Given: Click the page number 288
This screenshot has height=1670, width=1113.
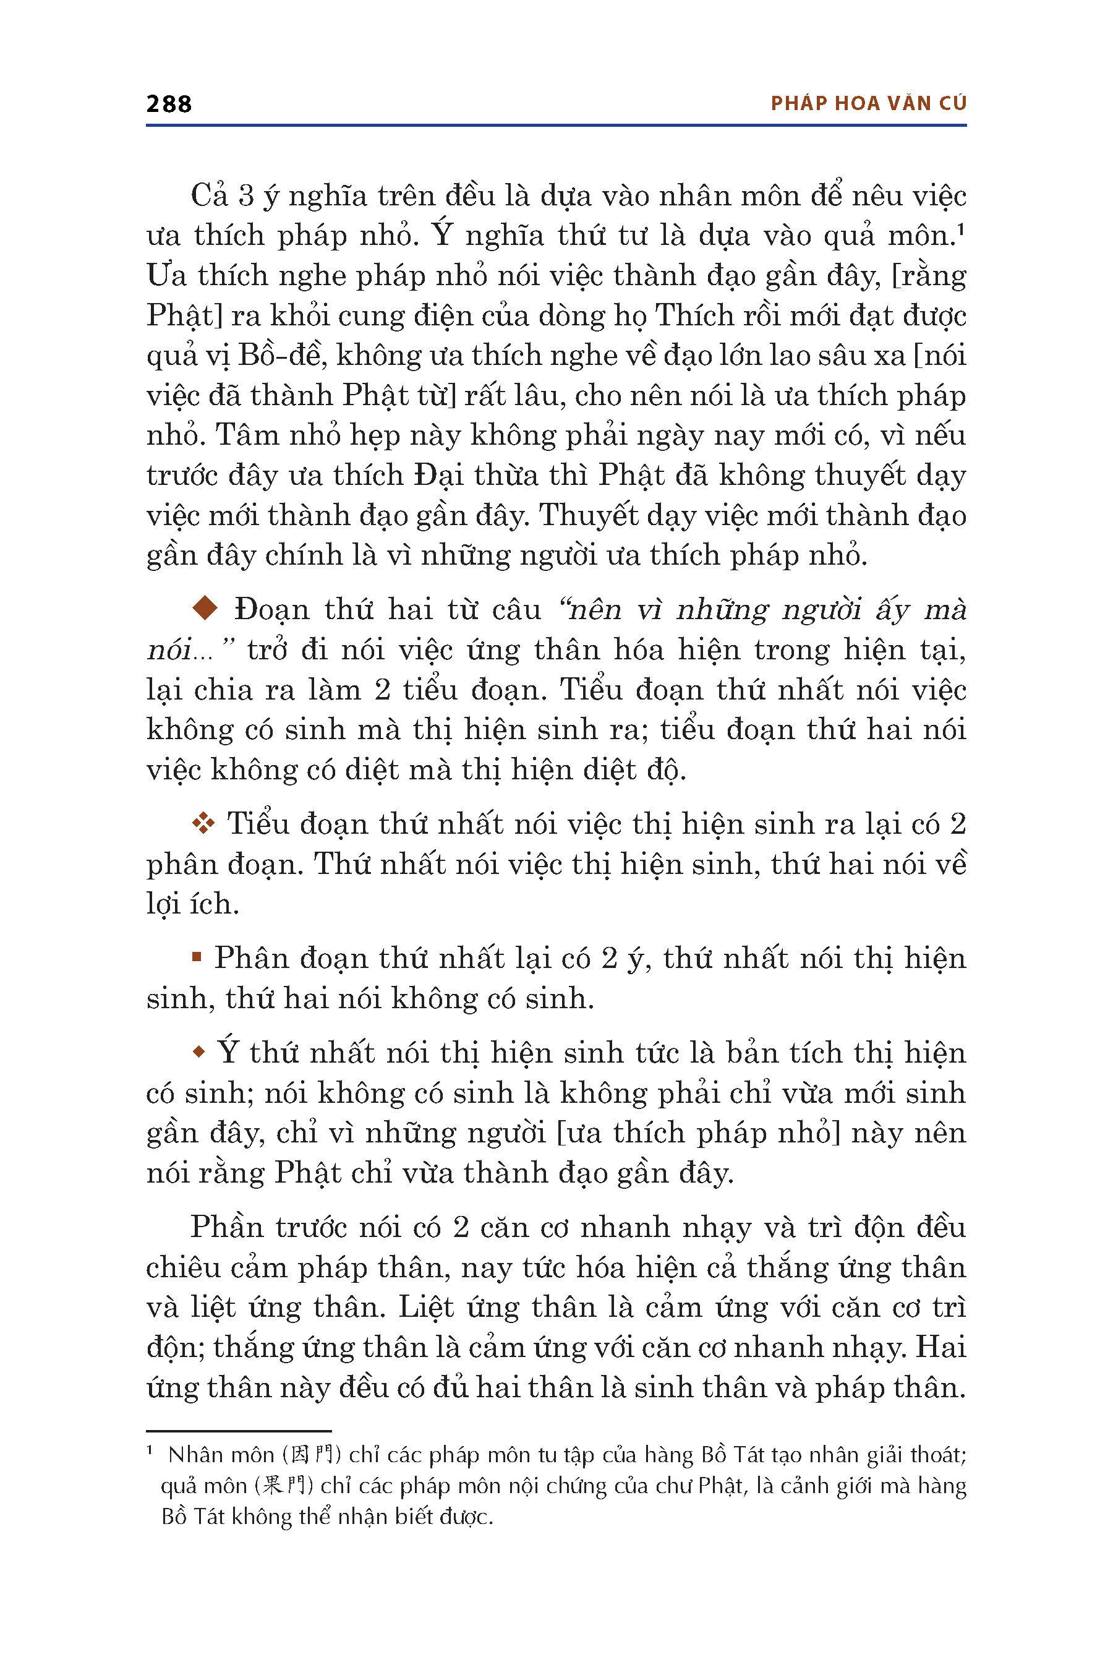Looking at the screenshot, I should [169, 104].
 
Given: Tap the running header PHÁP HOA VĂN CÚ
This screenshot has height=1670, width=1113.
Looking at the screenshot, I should [868, 104].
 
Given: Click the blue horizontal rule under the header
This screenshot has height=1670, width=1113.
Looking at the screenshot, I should [556, 126].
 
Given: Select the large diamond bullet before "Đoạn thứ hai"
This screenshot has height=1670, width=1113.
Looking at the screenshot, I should [205, 608].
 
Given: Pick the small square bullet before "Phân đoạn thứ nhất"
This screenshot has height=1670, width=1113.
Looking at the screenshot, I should [197, 957].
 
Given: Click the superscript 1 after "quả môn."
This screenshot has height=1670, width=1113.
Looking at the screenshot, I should [961, 229].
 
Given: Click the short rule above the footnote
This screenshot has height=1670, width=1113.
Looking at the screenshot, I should [239, 1431].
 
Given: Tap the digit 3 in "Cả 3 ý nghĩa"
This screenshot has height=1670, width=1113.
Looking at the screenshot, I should [245, 196].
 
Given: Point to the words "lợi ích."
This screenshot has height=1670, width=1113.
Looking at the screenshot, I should [192, 904].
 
